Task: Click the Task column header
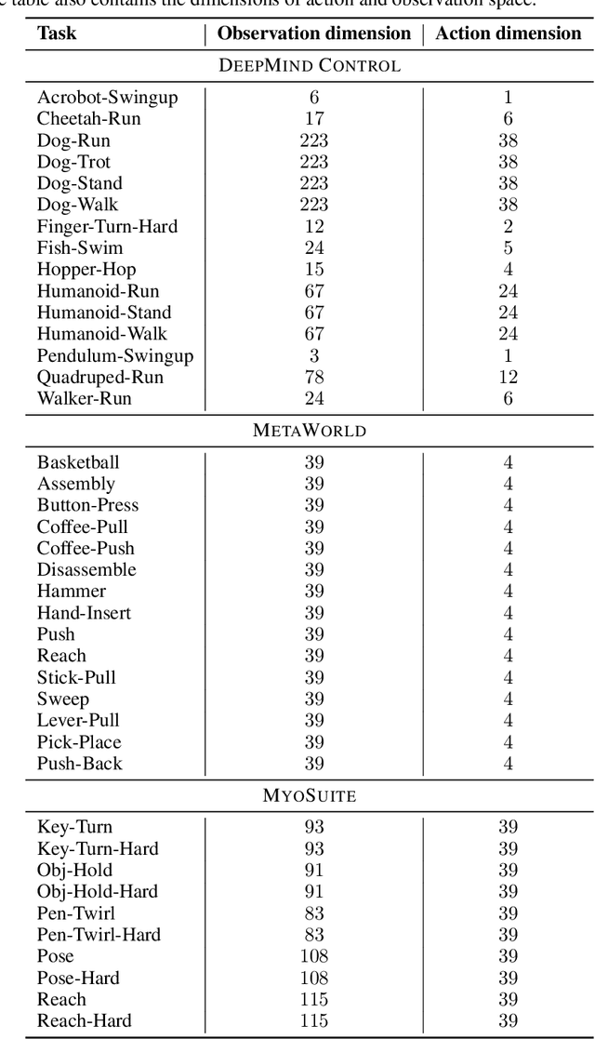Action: [x=57, y=34]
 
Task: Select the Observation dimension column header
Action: [x=314, y=34]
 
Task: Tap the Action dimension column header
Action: [x=509, y=34]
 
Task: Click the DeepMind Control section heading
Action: [x=297, y=66]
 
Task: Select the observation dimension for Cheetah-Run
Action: [x=313, y=119]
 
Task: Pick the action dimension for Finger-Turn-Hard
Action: [x=508, y=226]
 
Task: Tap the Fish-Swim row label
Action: [x=80, y=248]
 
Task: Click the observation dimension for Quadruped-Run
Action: [x=313, y=377]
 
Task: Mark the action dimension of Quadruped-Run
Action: [x=508, y=377]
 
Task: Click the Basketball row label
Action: [x=78, y=462]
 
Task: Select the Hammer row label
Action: [x=72, y=591]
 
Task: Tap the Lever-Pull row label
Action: [x=78, y=720]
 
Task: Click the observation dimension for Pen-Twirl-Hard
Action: [x=313, y=935]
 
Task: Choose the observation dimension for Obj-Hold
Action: [x=313, y=871]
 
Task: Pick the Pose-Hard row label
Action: [x=78, y=978]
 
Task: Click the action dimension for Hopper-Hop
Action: [x=508, y=270]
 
